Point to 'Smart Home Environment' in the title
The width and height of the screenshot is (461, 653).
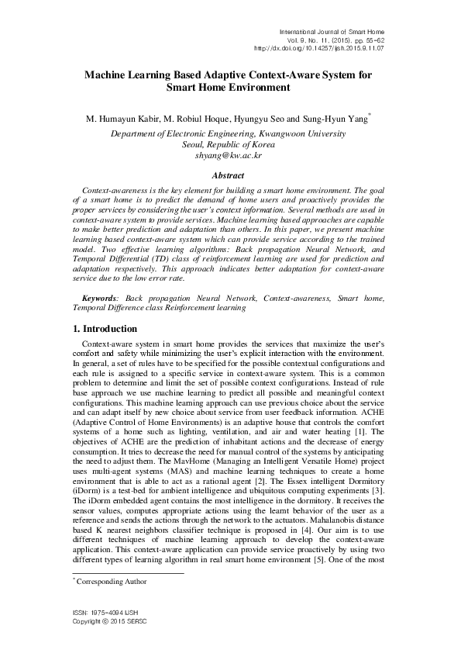pyautogui.click(x=229, y=88)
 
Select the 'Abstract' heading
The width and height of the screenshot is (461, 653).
pyautogui.click(x=229, y=176)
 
